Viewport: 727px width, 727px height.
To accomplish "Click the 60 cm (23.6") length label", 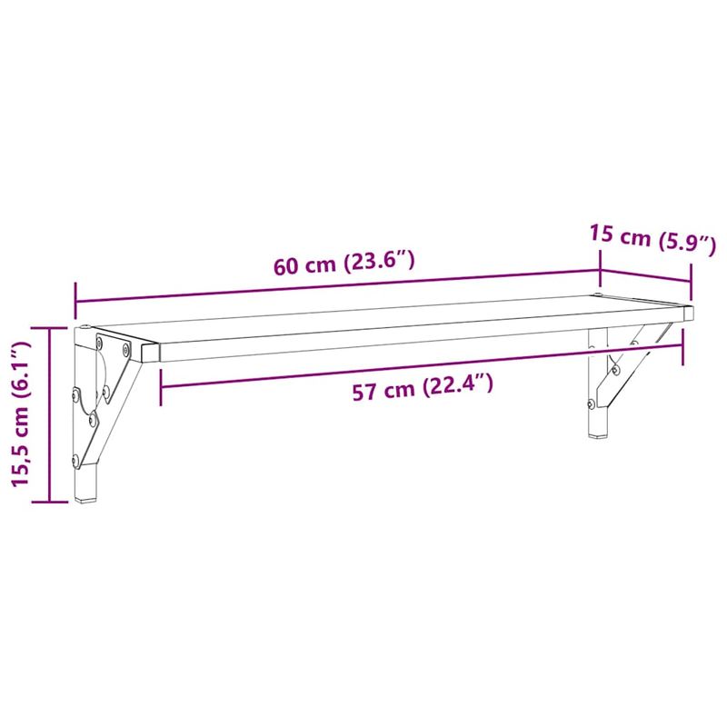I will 344,265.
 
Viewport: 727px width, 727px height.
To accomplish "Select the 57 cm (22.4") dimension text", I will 423,389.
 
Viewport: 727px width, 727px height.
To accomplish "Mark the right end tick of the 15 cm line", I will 692,282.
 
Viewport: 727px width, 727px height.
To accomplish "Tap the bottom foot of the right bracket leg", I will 599,433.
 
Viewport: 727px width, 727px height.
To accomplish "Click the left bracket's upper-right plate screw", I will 125,349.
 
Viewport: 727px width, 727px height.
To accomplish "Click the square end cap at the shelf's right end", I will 689,312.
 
